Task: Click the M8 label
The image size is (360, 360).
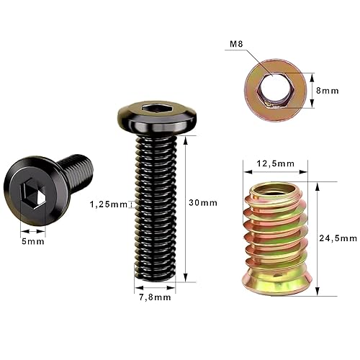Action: pyautogui.click(x=235, y=45)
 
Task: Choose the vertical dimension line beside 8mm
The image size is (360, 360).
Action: pyautogui.click(x=312, y=90)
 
